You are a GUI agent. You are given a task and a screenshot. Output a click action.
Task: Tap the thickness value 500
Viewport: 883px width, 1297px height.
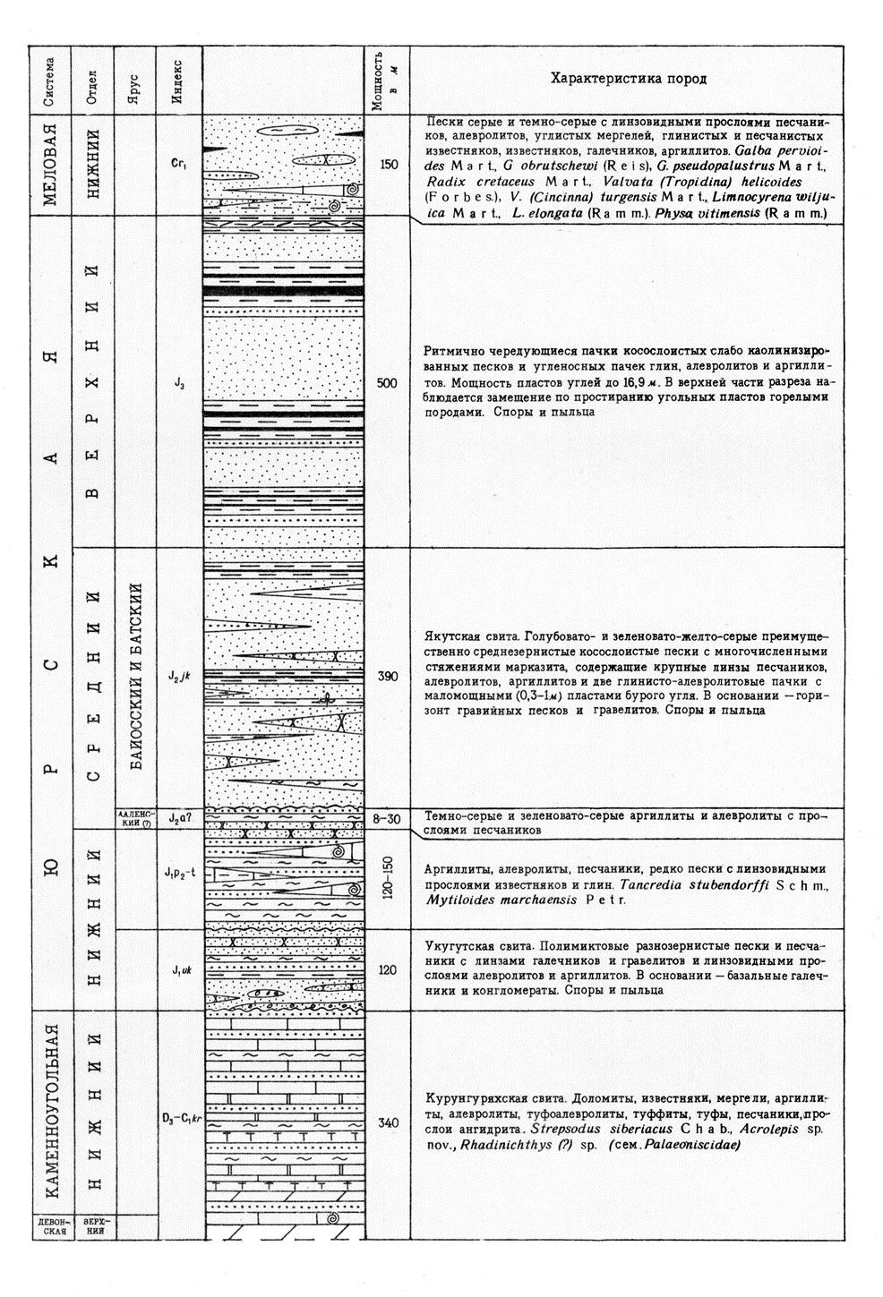click(388, 383)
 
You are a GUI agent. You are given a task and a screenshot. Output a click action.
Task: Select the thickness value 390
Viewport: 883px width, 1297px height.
click(388, 677)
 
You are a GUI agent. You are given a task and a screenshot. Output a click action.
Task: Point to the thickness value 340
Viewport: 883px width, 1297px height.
click(388, 1123)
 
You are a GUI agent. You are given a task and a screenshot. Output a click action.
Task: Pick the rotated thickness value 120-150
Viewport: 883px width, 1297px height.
click(388, 883)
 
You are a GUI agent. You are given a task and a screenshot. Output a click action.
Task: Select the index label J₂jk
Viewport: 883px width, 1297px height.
click(179, 678)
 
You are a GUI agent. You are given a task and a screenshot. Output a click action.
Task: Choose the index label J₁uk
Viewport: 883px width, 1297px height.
click(179, 969)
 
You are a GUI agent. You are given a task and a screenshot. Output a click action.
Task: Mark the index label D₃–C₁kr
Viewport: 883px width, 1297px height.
click(179, 1117)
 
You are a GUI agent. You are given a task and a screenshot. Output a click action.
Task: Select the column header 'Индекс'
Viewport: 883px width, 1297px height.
click(178, 79)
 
